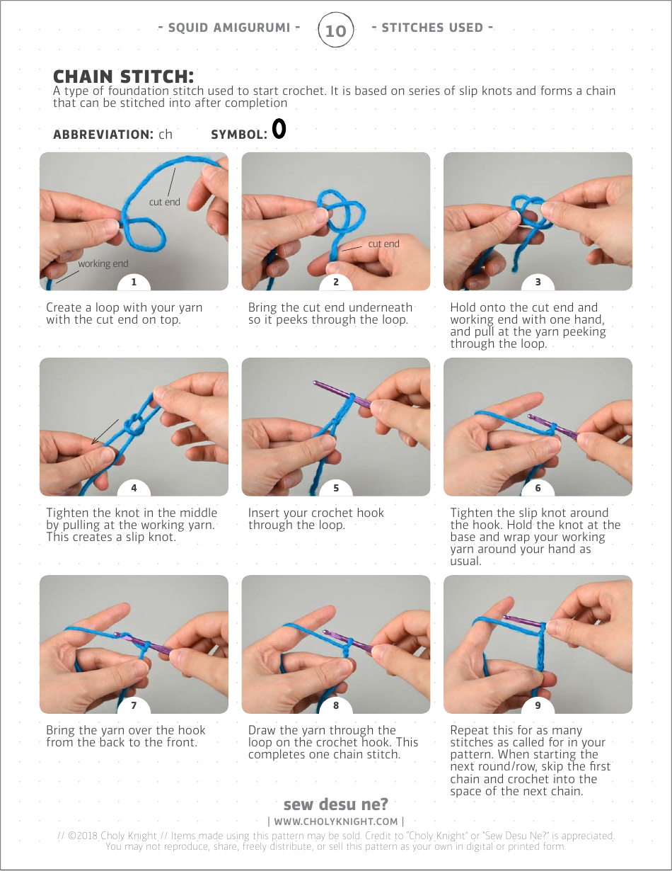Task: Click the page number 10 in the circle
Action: (335, 30)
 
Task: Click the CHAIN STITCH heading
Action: (123, 76)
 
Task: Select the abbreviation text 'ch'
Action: (165, 135)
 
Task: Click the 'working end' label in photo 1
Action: (103, 263)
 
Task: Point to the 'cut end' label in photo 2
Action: (383, 244)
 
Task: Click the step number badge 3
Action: (538, 282)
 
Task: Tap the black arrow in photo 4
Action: (105, 432)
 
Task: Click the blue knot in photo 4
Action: (135, 426)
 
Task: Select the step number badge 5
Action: (336, 487)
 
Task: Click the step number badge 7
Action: (134, 705)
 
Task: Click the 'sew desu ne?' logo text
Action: (335, 804)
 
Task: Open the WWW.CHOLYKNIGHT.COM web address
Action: (336, 821)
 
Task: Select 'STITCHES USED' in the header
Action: (432, 28)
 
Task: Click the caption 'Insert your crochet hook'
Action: (316, 513)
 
